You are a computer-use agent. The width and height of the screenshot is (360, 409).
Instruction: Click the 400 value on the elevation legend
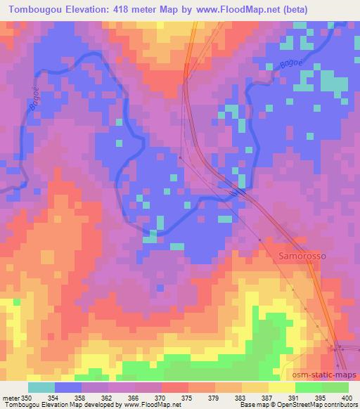345,397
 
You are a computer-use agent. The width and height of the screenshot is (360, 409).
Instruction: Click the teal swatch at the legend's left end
41,387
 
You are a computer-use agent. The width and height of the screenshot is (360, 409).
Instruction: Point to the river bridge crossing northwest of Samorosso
238,190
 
